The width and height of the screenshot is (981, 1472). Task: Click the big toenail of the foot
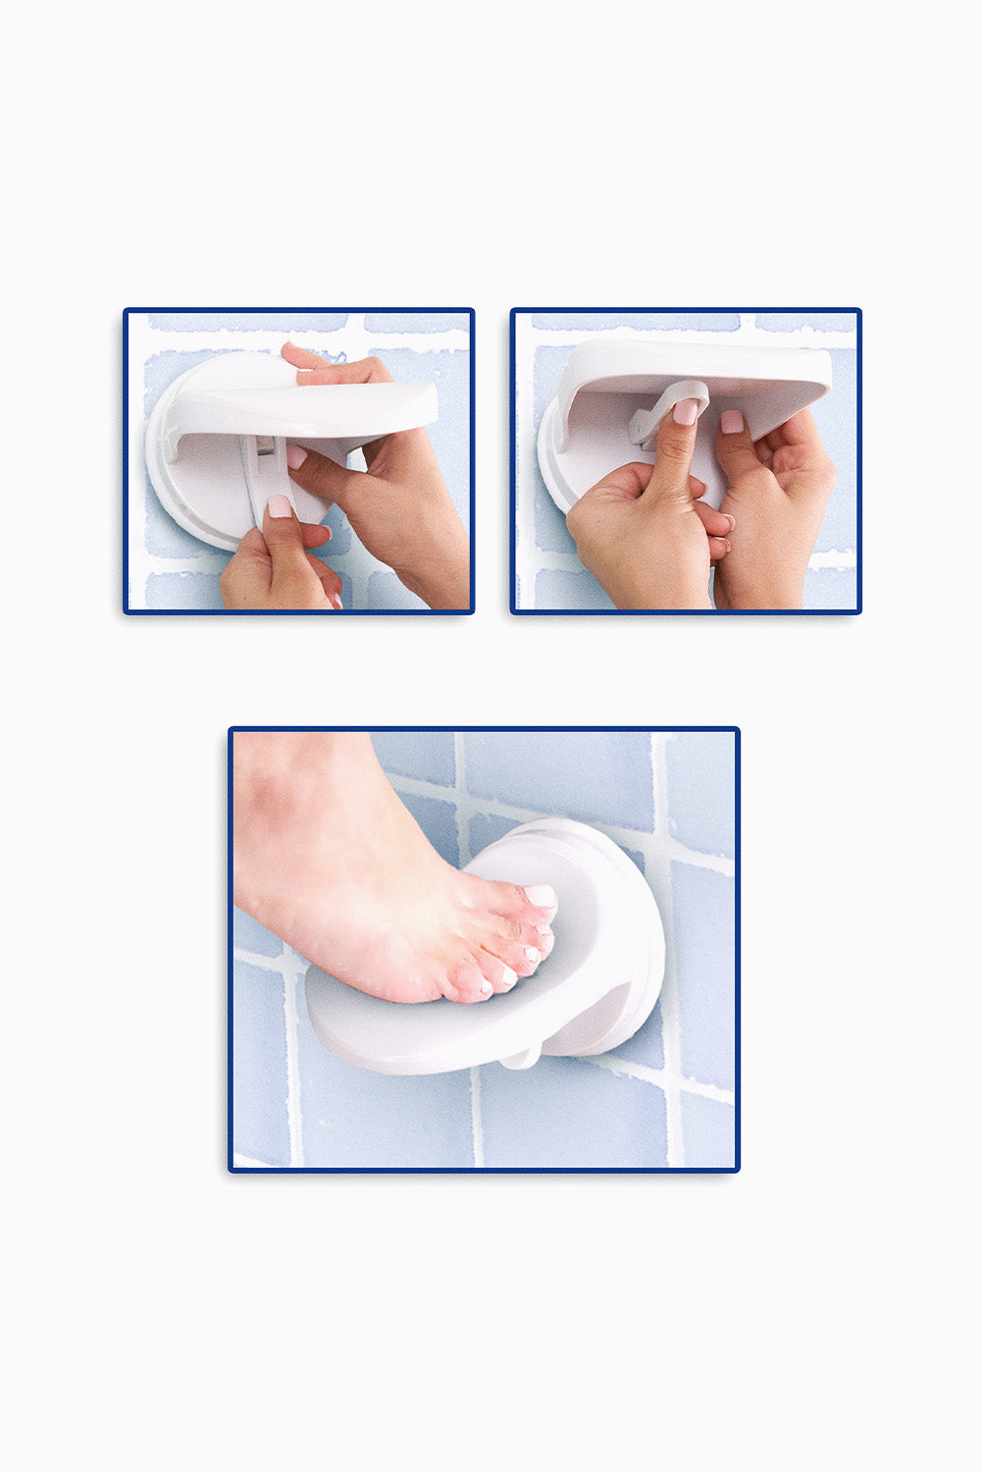click(540, 896)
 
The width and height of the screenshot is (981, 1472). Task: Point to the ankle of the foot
click(294, 785)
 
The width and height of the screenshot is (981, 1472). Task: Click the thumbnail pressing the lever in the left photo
click(280, 507)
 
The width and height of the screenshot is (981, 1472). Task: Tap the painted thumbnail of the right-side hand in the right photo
click(732, 422)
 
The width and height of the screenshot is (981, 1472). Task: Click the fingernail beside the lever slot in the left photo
click(295, 456)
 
